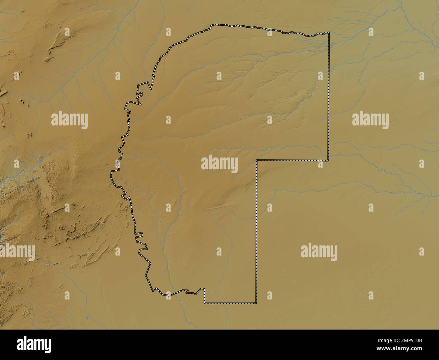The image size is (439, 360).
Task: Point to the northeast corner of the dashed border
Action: tap(329, 33)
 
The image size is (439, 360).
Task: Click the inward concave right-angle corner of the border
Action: tap(257, 160)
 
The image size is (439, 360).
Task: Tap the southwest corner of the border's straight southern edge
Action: tap(204, 303)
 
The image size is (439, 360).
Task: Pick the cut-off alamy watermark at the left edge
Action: tap(17, 252)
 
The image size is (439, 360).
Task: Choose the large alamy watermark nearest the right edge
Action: tap(370, 120)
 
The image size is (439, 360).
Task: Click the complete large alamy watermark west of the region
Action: tap(70, 120)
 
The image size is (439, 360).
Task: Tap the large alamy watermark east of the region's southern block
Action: tap(319, 252)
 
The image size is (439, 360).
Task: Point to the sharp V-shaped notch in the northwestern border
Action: tap(150, 89)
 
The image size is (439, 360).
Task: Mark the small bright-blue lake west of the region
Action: tap(40, 162)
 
